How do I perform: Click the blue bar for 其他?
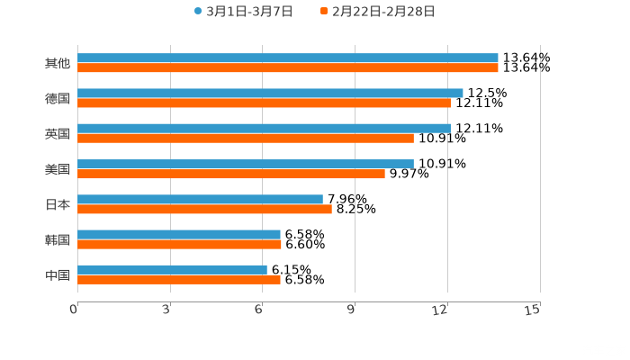(x=288, y=58)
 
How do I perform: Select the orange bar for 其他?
(x=288, y=67)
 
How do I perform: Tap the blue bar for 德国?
(x=270, y=93)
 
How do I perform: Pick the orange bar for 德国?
(x=264, y=103)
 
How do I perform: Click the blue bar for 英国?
(x=264, y=128)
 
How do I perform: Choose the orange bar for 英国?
(x=246, y=138)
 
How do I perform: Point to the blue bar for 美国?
(x=246, y=164)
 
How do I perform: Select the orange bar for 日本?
(x=204, y=209)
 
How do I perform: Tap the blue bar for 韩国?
(x=179, y=234)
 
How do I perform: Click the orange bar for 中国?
(x=179, y=279)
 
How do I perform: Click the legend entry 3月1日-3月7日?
(x=243, y=12)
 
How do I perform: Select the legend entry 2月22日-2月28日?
(x=377, y=12)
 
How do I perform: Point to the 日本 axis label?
(x=58, y=204)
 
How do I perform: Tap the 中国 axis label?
(x=58, y=274)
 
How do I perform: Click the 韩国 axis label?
(x=58, y=239)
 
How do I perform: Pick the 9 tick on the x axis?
(x=352, y=310)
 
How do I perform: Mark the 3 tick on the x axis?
(x=167, y=310)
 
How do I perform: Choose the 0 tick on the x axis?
(x=75, y=310)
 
